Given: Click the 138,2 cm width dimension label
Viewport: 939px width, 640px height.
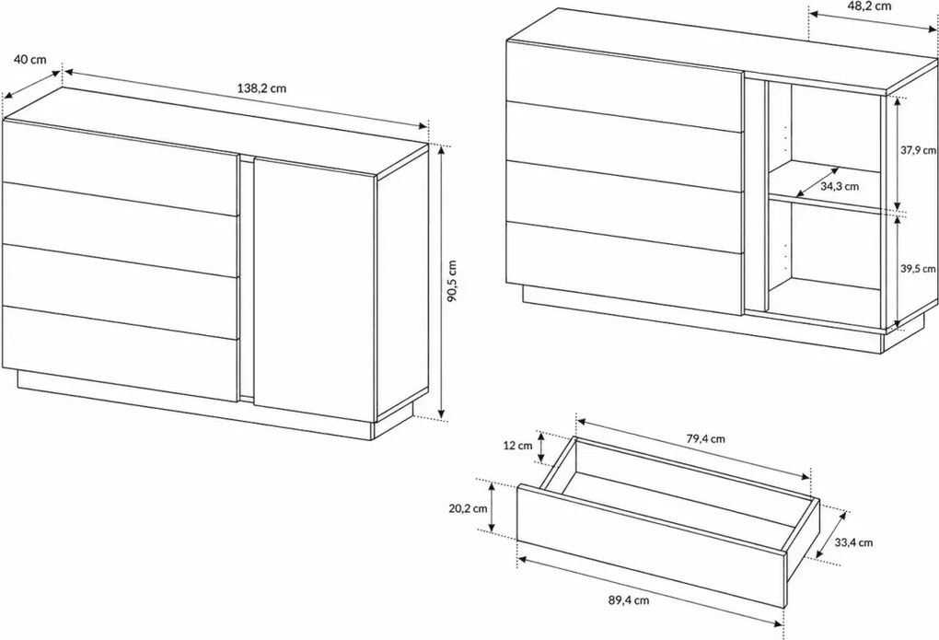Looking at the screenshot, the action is click(x=261, y=88).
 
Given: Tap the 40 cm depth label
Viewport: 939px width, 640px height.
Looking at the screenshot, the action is click(x=30, y=59).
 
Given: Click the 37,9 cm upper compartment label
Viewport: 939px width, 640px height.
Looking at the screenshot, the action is click(x=918, y=150).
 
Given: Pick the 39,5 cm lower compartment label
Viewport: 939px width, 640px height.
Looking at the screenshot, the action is click(x=918, y=269).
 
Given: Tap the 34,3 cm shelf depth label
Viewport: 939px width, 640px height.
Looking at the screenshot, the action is click(x=839, y=186).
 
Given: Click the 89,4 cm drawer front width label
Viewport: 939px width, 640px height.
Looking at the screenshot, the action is click(x=630, y=599).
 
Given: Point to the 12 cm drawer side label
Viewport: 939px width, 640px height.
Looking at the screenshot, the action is click(x=517, y=446).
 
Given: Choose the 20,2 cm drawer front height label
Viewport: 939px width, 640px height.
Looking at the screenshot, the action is click(x=468, y=508).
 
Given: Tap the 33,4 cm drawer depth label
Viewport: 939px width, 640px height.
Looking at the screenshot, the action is click(x=853, y=542).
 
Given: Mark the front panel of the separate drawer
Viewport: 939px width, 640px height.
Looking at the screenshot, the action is click(x=651, y=545).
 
